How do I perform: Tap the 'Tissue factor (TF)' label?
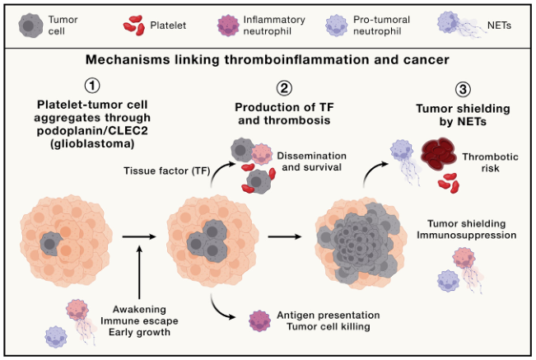[x=161, y=171]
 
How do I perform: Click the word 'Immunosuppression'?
[x=472, y=235]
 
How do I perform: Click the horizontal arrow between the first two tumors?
[x=138, y=237]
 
